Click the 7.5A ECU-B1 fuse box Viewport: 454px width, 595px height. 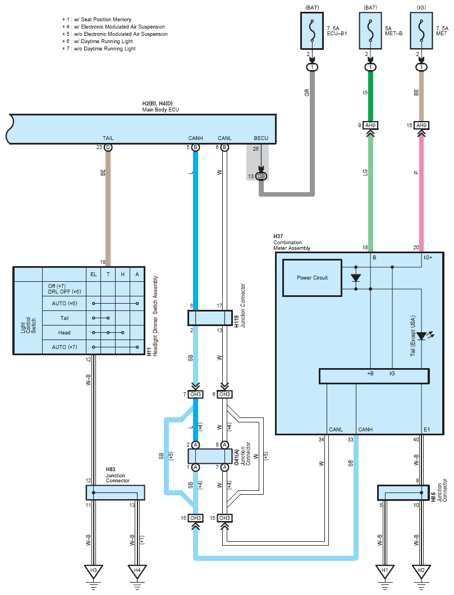pyautogui.click(x=312, y=31)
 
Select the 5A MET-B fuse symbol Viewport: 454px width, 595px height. pyautogui.click(x=370, y=31)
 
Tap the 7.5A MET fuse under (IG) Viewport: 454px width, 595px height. pyautogui.click(x=421, y=31)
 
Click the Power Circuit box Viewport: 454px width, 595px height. pyautogui.click(x=312, y=278)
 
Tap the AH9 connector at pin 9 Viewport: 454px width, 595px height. pyautogui.click(x=370, y=125)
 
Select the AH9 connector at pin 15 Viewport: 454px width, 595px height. pyautogui.click(x=421, y=125)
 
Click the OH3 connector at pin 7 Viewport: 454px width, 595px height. pyautogui.click(x=195, y=394)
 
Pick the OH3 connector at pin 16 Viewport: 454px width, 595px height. pyautogui.click(x=195, y=518)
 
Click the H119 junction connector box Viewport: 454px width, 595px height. pyautogui.click(x=210, y=318)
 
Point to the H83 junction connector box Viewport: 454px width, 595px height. pyautogui.click(x=115, y=492)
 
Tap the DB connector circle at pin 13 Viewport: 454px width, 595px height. pyautogui.click(x=261, y=176)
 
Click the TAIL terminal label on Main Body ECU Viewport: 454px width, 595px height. pyautogui.click(x=108, y=138)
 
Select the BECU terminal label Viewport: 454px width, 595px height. pyautogui.click(x=261, y=138)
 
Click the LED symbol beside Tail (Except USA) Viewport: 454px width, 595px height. pyautogui.click(x=423, y=336)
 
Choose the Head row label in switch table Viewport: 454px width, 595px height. pyautogui.click(x=65, y=333)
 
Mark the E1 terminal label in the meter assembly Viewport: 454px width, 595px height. pyautogui.click(x=427, y=430)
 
